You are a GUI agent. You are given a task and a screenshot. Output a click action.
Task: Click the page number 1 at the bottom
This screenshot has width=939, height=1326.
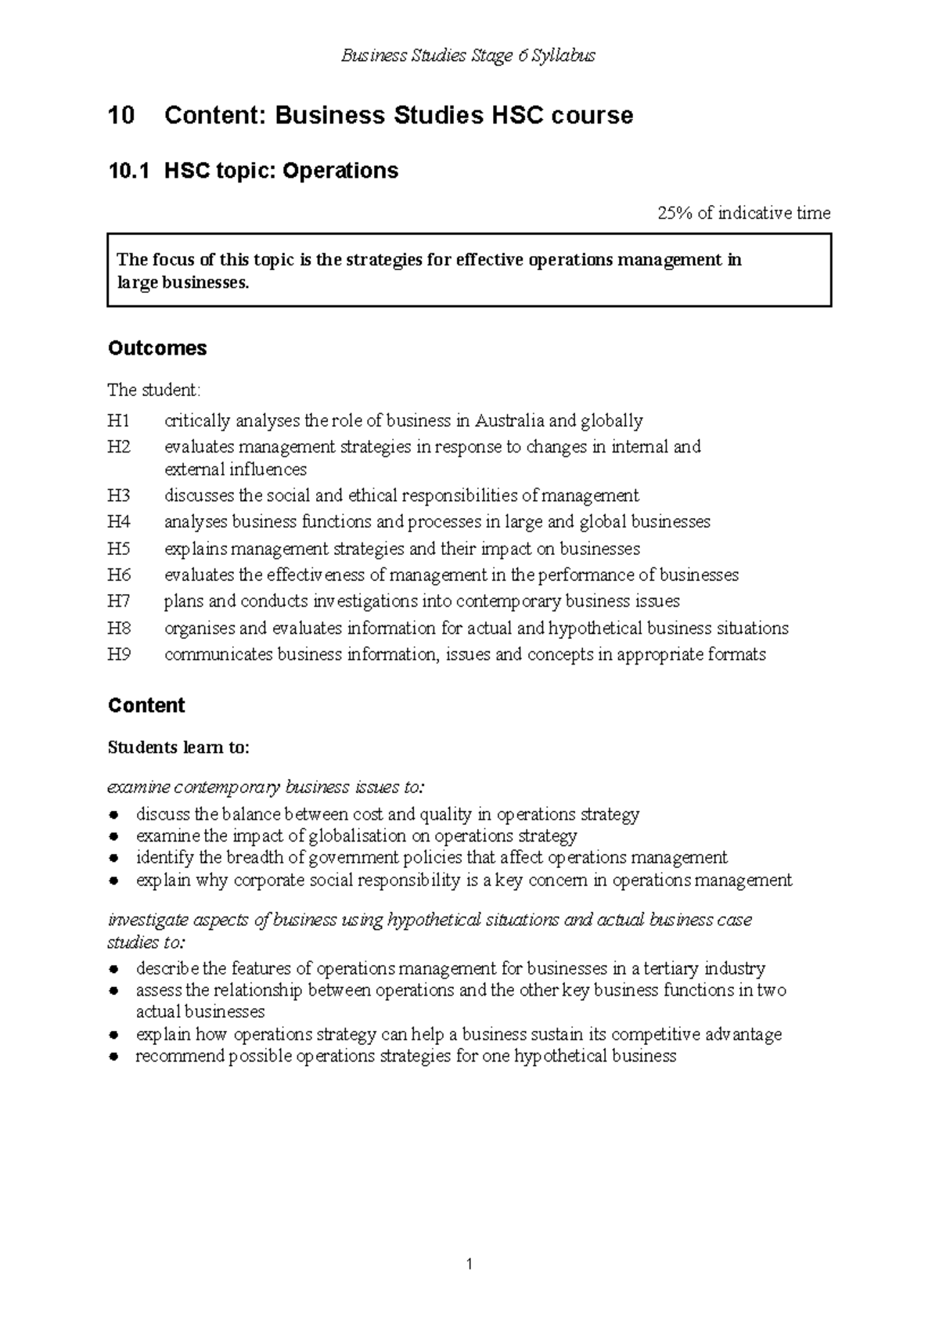click(x=469, y=1263)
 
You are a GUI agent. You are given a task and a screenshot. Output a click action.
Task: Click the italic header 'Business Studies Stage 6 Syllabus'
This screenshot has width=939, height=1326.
click(x=469, y=56)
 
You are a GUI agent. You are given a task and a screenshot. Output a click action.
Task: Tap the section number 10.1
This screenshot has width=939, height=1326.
click(x=128, y=171)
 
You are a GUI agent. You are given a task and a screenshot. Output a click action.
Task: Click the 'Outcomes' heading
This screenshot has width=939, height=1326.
click(x=157, y=348)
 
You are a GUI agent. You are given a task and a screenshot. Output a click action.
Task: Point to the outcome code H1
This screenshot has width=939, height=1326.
click(x=119, y=421)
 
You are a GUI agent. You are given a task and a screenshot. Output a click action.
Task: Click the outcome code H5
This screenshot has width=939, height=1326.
click(x=119, y=549)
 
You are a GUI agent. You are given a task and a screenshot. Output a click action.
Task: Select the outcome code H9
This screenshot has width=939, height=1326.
click(x=119, y=654)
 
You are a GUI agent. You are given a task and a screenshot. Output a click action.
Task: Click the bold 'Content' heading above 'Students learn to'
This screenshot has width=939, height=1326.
click(x=146, y=705)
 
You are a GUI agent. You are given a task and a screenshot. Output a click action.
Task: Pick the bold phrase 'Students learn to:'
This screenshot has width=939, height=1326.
click(x=178, y=748)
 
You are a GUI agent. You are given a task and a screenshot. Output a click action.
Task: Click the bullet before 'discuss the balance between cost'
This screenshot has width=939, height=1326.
click(x=114, y=815)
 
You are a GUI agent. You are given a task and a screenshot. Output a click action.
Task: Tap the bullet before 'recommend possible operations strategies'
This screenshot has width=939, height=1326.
click(x=114, y=1057)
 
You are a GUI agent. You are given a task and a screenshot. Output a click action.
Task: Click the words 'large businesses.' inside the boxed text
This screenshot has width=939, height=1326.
click(x=183, y=283)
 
